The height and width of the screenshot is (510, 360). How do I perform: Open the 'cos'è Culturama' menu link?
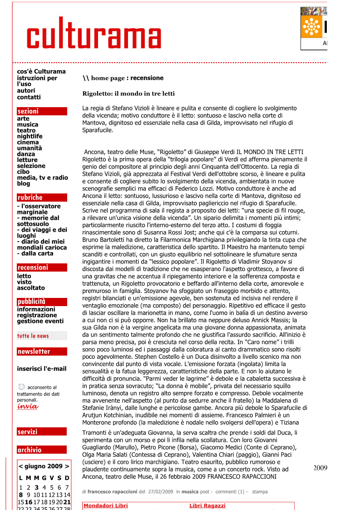[x=41, y=71]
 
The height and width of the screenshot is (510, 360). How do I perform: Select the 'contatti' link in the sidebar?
[x=29, y=97]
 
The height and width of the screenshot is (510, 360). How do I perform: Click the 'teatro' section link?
[x=26, y=130]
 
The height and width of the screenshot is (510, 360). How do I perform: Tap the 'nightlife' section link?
[x=30, y=136]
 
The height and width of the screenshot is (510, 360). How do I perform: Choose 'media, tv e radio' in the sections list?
[x=42, y=178]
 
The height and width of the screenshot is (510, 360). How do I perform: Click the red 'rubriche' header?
[x=30, y=198]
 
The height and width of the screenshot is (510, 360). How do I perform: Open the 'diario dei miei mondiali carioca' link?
[x=42, y=244]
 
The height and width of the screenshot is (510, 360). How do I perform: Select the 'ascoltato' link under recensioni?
[x=31, y=288]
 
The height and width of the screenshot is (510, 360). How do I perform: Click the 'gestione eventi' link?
[x=40, y=321]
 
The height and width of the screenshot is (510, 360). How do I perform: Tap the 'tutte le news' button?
[x=33, y=336]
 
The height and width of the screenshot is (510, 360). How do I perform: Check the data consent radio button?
[x=21, y=387]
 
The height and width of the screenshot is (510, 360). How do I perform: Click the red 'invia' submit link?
[x=27, y=406]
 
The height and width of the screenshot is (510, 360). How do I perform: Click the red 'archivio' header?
[x=30, y=450]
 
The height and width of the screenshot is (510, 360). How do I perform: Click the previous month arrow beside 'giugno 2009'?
[x=21, y=466]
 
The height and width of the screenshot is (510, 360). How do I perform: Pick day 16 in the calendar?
[x=29, y=502]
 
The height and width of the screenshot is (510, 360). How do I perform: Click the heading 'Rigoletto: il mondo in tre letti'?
[x=128, y=94]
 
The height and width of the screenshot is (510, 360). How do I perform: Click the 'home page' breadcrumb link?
[x=108, y=78]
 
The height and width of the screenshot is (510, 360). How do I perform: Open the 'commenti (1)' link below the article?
[x=231, y=491]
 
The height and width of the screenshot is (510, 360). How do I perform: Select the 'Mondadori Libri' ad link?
[x=106, y=505]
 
